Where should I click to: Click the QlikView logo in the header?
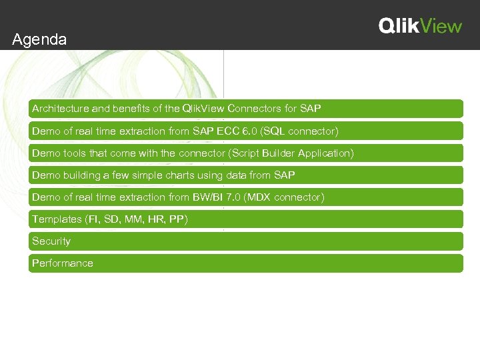pos(420,26)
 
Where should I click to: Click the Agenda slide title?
pos(39,40)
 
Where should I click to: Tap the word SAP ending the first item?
pos(311,109)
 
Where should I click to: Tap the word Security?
pos(51,241)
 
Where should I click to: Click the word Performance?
pos(63,263)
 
